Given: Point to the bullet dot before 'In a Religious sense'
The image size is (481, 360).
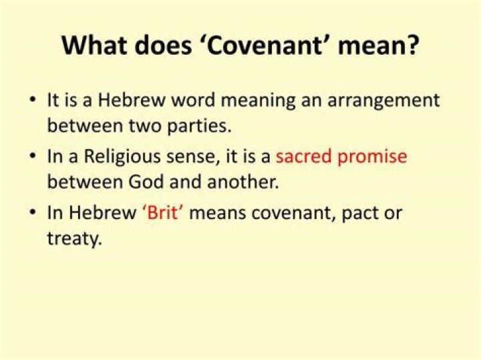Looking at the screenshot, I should point(33,158).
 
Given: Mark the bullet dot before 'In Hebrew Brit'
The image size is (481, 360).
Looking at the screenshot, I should point(33,214).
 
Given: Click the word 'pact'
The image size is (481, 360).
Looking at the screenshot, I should point(363,214).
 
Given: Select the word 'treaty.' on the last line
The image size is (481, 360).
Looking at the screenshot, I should point(74,237).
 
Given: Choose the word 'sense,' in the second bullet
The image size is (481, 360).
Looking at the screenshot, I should point(200,158).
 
